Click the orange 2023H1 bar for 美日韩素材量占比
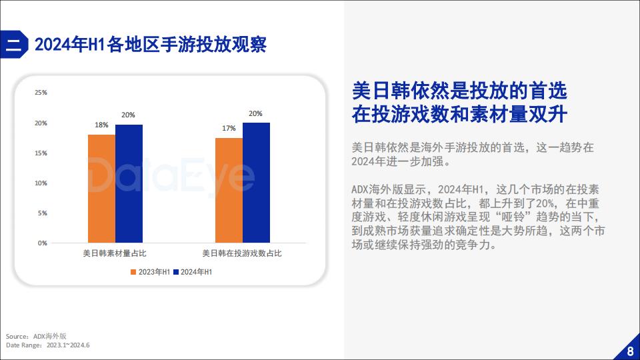tap(101, 189)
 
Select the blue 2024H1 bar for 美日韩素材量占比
tap(129, 184)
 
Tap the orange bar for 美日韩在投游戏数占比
tap(229, 190)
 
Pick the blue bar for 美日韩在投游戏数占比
tap(256, 183)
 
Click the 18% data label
tap(101, 125)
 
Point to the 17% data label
tap(229, 128)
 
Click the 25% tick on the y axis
tap(41, 93)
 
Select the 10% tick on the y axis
tap(41, 183)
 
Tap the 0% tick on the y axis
tap(43, 243)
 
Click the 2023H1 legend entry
tap(150, 272)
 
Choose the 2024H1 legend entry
tap(193, 272)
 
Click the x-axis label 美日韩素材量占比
tap(115, 253)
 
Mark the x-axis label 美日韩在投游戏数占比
tap(242, 253)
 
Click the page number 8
tap(631, 351)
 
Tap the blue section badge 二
tap(14, 45)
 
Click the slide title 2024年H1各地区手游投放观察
tap(151, 45)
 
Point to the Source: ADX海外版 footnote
tap(36, 336)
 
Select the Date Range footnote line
tap(48, 345)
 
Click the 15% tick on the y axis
tap(41, 153)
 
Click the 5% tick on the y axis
tap(43, 213)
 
